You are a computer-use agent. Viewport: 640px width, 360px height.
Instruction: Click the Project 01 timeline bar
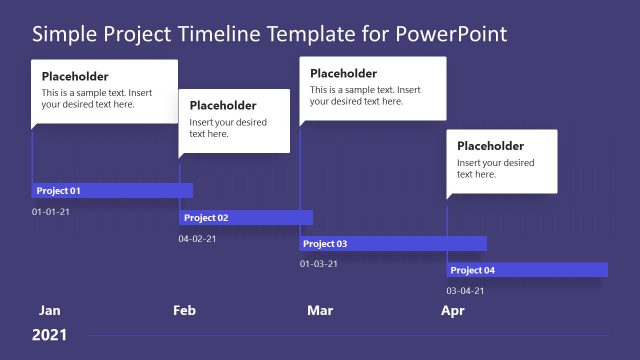[x=112, y=190]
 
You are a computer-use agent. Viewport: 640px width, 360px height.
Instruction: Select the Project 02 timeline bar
[x=246, y=217]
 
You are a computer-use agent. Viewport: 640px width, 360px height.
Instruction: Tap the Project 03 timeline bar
[x=393, y=243]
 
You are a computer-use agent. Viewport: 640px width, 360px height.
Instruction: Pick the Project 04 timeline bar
[x=527, y=270]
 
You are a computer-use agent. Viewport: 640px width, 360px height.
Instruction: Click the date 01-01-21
[x=51, y=212]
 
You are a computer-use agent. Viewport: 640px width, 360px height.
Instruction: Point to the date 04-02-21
[x=197, y=239]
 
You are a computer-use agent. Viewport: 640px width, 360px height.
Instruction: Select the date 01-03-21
[x=319, y=264]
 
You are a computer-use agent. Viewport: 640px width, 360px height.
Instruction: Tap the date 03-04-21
[x=465, y=291]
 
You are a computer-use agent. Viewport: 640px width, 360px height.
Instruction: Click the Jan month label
[x=49, y=310]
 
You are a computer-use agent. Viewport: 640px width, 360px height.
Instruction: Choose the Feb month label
[x=184, y=310]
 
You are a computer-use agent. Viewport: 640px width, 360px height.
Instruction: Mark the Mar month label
[x=320, y=310]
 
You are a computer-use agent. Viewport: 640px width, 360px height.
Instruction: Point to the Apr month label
[x=453, y=310]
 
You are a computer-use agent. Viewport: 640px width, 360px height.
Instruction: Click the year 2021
[x=49, y=335]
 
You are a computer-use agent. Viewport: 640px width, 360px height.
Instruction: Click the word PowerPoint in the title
[x=453, y=34]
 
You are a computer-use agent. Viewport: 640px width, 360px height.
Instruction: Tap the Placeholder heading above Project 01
[x=75, y=77]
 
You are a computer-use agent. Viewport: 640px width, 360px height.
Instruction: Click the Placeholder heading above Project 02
[x=223, y=106]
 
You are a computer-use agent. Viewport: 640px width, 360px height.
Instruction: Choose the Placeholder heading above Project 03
[x=344, y=73]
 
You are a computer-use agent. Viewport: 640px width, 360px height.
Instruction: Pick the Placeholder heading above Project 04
[x=491, y=146]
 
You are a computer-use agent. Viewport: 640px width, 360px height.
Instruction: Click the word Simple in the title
[x=63, y=34]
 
